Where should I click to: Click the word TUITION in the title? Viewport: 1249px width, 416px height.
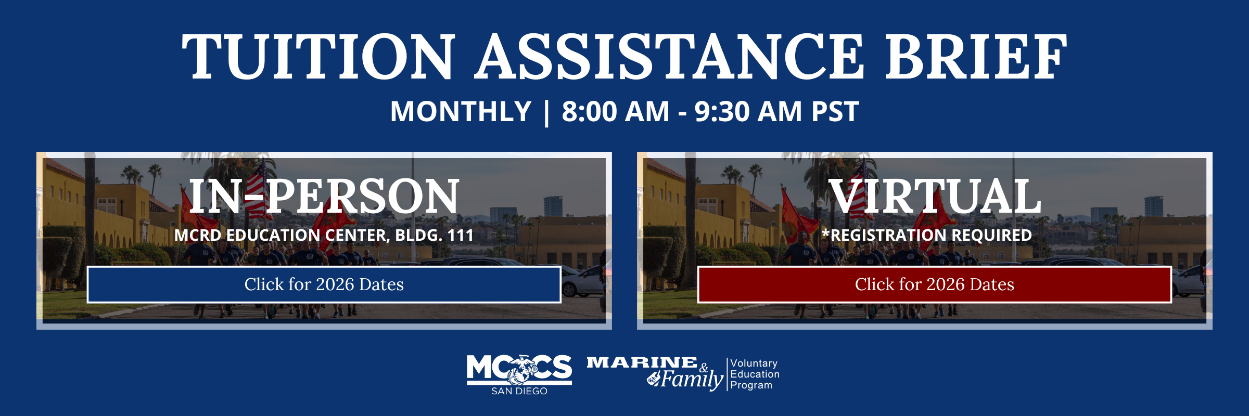pos(318,56)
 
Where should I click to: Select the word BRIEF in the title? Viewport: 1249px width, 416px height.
pos(976,56)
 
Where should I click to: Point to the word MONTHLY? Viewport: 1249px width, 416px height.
pos(461,111)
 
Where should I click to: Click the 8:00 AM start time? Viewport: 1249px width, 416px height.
pos(616,111)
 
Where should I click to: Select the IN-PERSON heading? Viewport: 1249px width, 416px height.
pos(324,196)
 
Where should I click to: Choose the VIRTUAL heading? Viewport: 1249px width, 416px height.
pos(935,196)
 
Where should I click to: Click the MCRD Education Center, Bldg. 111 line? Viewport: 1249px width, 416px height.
pos(324,235)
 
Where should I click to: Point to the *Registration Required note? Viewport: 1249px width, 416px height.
pos(926,235)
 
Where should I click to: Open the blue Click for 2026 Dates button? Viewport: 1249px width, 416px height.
pos(324,284)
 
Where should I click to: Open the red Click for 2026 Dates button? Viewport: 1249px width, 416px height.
pos(935,284)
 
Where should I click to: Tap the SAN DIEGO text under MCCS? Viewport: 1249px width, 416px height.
pos(519,391)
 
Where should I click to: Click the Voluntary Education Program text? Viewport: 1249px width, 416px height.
pos(755,374)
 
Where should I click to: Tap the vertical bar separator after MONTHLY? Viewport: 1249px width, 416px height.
pos(546,112)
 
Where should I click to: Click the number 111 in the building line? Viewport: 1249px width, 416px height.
pos(461,235)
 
